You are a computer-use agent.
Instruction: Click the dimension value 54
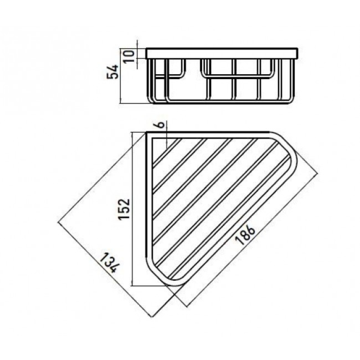(113, 72)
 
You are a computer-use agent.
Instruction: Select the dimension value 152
(124, 209)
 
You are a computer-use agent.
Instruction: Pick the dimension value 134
(109, 263)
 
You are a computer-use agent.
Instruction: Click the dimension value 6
(161, 125)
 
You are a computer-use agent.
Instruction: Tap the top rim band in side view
(222, 54)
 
